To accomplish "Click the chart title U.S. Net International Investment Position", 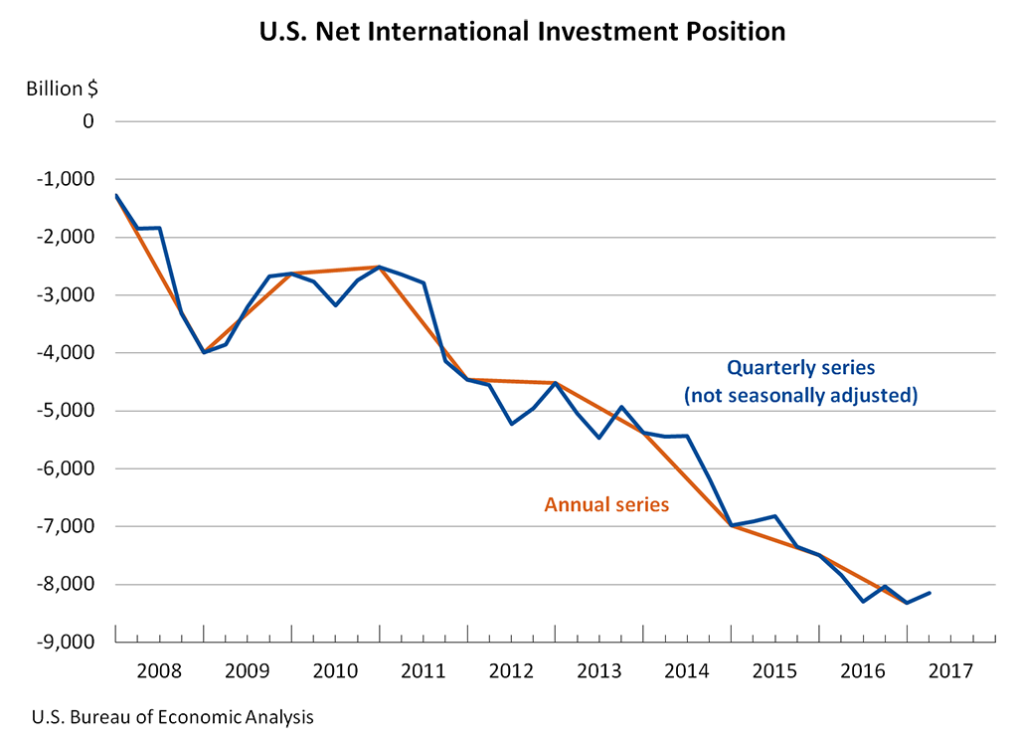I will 522,32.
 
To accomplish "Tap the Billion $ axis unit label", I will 62,89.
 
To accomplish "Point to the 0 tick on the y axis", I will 87,121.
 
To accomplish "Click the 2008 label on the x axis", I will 159,669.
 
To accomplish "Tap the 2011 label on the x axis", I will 423,669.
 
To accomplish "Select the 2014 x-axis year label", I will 686,669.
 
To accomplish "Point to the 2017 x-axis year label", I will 949,669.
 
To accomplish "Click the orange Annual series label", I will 606,504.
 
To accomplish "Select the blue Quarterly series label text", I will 800,367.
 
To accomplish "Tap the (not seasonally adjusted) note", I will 800,396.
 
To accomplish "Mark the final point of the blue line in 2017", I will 929,593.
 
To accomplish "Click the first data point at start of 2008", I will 116,195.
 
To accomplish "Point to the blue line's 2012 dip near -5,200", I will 511,424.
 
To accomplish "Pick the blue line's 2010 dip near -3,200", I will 336,304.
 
